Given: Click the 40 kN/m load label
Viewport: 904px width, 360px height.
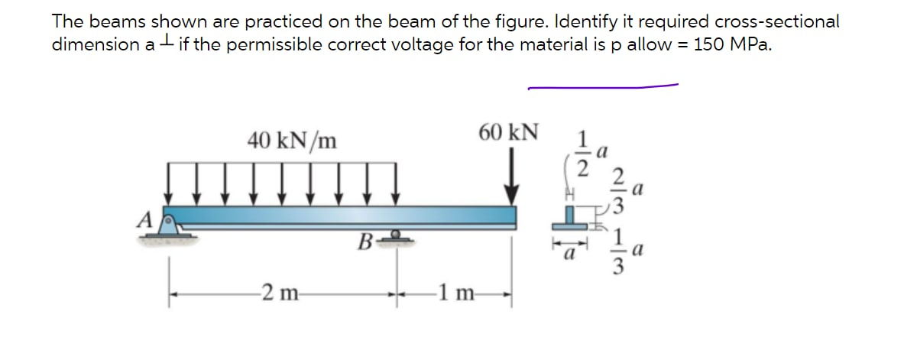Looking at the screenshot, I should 293,141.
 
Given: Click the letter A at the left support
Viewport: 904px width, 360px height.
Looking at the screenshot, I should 142,220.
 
